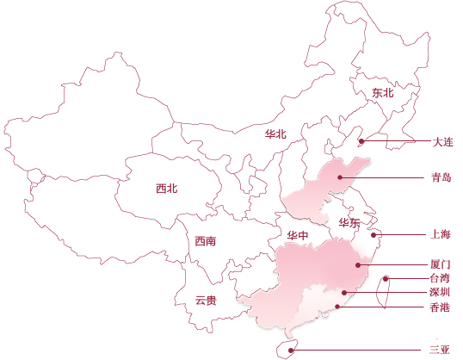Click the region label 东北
[383, 93]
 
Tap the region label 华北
[275, 134]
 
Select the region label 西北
[167, 189]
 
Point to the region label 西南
[206, 241]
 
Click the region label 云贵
[206, 301]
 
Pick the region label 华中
[298, 235]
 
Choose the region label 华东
[349, 222]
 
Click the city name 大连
[442, 142]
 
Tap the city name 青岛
[441, 177]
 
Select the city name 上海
[441, 234]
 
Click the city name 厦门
[441, 264]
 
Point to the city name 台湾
[440, 278]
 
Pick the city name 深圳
[440, 292]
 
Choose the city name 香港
[440, 307]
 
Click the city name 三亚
[440, 350]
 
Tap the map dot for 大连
[361, 141]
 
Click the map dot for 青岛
[340, 177]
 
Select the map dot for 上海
[373, 235]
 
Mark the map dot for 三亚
[291, 351]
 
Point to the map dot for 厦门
[358, 265]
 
